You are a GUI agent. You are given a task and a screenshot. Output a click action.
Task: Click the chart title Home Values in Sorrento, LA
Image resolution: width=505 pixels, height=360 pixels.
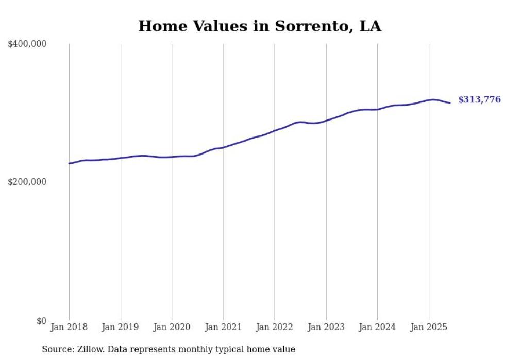click(260, 26)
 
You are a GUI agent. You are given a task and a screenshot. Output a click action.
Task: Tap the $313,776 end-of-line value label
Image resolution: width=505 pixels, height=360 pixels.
click(479, 100)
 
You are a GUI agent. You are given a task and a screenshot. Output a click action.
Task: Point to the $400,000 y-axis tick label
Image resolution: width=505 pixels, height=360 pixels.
click(27, 44)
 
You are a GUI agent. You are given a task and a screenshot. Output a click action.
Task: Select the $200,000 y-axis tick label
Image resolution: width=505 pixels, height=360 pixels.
click(27, 182)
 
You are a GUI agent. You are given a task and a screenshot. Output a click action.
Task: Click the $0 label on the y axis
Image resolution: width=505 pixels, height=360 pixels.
click(41, 321)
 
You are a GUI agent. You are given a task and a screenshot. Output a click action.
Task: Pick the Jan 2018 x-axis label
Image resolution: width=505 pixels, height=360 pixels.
click(69, 327)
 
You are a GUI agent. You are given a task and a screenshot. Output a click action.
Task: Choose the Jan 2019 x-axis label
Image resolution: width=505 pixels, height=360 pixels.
click(121, 327)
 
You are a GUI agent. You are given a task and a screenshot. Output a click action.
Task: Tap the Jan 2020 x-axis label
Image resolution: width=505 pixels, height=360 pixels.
click(172, 327)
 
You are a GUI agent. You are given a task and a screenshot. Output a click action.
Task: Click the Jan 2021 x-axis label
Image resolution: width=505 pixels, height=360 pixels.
click(223, 327)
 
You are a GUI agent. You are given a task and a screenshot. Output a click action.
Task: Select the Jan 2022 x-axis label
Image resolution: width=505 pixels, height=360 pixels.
click(275, 327)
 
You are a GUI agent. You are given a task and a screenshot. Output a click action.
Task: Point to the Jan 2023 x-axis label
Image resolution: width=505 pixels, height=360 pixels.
click(326, 327)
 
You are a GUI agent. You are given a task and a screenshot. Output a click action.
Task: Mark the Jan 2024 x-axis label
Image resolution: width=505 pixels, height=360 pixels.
click(377, 327)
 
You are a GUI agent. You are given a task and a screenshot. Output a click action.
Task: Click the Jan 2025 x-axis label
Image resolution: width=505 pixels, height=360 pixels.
click(429, 327)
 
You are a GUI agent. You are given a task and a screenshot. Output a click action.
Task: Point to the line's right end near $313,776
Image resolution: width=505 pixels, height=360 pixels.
click(450, 103)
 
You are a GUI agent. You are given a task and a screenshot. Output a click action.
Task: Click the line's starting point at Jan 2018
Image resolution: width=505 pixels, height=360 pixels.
click(70, 163)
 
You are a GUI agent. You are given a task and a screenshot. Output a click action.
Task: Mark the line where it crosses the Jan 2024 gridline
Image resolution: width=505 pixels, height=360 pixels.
click(377, 109)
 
